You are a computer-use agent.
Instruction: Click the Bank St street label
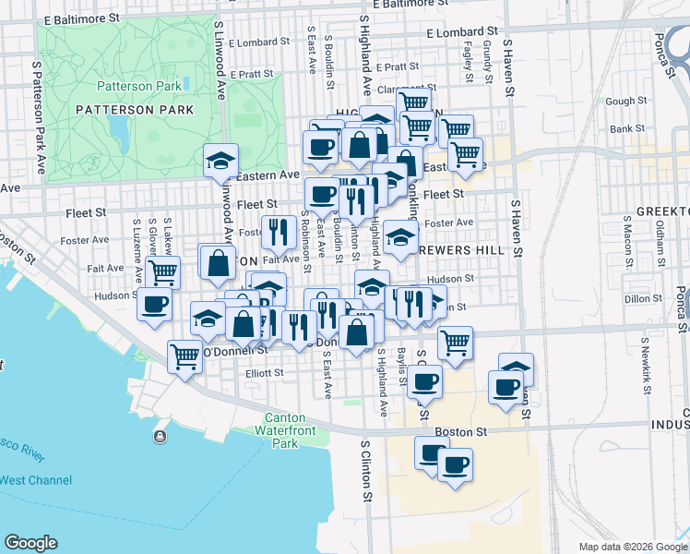(626, 129)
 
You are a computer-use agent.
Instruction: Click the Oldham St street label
(660, 247)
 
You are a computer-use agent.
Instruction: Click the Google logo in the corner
(30, 543)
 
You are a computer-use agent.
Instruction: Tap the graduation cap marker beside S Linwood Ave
(221, 162)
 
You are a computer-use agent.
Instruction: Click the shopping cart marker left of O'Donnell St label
(185, 355)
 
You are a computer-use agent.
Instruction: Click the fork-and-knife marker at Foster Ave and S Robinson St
(279, 233)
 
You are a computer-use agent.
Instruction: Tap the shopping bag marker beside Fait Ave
(218, 262)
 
